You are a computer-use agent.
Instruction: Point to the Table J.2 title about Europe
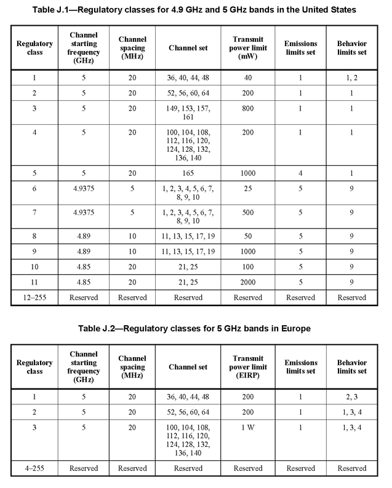pos(196,329)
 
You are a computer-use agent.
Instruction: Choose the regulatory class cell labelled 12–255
pos(28,297)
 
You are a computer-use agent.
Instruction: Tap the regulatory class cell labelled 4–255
pos(28,468)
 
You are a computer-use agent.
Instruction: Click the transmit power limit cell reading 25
pos(249,193)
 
